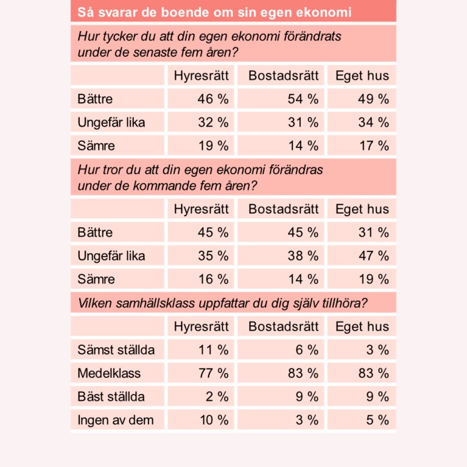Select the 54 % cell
[303, 99]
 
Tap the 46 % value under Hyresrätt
[213, 99]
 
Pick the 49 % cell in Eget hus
[373, 99]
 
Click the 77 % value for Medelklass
[213, 373]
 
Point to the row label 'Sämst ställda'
[116, 350]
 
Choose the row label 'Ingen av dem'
[116, 420]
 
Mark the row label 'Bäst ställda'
[111, 397]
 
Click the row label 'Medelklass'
[109, 373]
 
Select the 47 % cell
[373, 256]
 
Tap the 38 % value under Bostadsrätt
[303, 256]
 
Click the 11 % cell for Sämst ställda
[213, 350]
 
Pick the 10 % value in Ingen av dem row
[213, 420]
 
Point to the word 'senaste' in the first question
[158, 52]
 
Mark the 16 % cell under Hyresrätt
[213, 279]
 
